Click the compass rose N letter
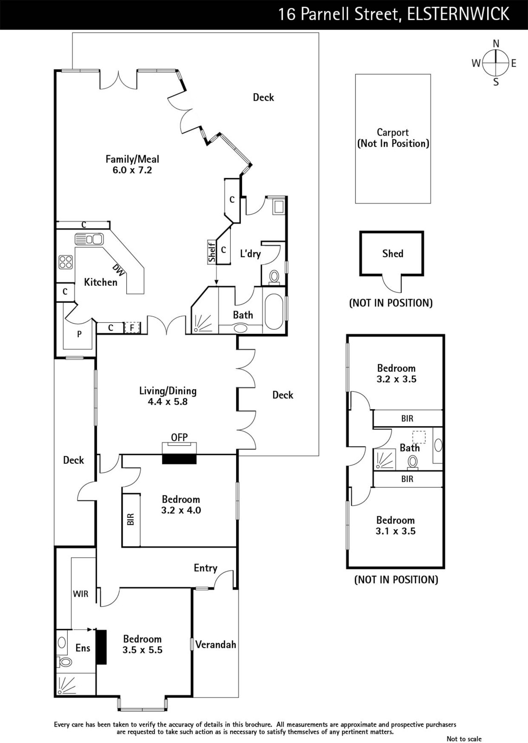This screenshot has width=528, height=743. click(496, 44)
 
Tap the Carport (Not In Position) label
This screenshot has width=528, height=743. click(393, 138)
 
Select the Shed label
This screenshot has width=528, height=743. click(393, 254)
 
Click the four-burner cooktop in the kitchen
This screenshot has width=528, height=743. click(65, 262)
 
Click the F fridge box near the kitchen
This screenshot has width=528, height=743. click(132, 328)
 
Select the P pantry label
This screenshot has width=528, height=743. click(79, 333)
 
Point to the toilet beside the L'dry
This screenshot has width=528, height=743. click(274, 277)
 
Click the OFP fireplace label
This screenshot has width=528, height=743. click(179, 437)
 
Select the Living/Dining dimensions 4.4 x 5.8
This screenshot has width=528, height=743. click(167, 402)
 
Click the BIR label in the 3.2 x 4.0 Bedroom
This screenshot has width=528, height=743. click(131, 519)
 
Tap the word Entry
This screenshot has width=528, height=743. click(206, 568)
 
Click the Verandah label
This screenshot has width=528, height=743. click(216, 645)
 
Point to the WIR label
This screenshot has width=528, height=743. click(80, 593)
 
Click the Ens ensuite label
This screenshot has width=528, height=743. click(83, 648)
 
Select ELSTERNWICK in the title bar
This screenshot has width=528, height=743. click(458, 14)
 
